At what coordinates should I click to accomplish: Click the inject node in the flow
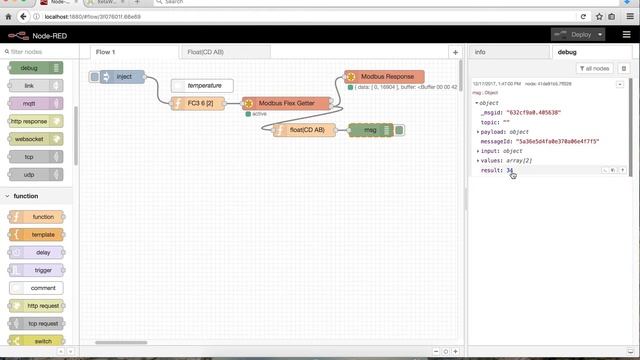[124, 76]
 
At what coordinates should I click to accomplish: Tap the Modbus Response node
[386, 76]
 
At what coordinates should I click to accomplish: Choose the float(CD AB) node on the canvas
[306, 130]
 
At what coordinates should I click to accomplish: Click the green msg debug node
[370, 130]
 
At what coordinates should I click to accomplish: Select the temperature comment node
[204, 86]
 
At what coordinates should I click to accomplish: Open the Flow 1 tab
[105, 51]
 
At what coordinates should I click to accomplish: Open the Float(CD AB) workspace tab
[205, 51]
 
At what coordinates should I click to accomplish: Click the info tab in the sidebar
[480, 51]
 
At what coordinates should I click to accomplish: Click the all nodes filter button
[594, 68]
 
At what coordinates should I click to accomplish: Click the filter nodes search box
[40, 51]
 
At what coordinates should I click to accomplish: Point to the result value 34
[510, 170]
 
